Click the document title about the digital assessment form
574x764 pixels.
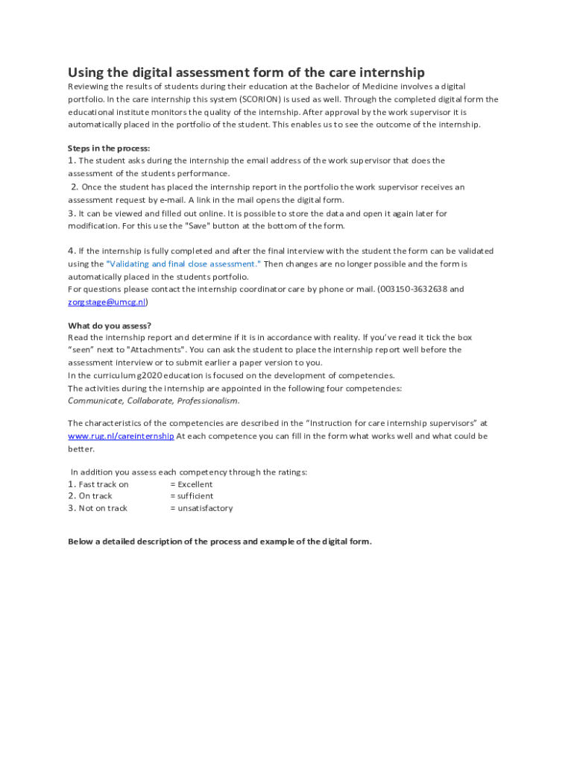point(246,72)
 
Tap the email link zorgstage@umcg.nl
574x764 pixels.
point(107,302)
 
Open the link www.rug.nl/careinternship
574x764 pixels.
point(121,436)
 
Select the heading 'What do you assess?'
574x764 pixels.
point(110,326)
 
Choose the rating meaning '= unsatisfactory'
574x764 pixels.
point(201,509)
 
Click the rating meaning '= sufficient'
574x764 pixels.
point(192,496)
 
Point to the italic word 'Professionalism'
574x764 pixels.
point(208,401)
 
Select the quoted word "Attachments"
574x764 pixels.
point(158,350)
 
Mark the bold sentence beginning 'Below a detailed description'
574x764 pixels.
point(219,542)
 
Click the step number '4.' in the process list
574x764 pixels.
point(72,251)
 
